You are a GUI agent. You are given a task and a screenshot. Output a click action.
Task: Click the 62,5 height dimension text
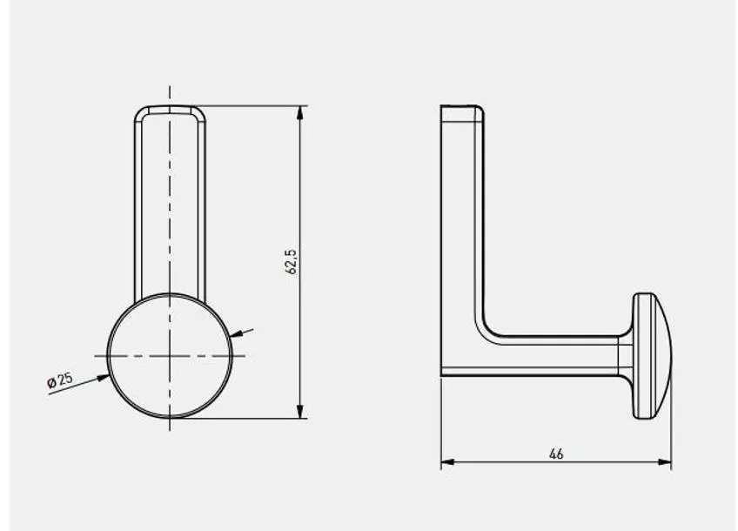click(x=292, y=262)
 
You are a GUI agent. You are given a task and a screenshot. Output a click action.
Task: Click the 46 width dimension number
click(x=556, y=454)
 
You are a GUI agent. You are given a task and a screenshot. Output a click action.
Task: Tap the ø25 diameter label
click(x=60, y=380)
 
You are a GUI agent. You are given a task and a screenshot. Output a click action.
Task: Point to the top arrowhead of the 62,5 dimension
click(x=300, y=112)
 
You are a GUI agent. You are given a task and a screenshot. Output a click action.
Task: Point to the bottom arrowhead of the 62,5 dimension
click(x=300, y=412)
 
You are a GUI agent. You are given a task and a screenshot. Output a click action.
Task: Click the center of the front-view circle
click(x=170, y=355)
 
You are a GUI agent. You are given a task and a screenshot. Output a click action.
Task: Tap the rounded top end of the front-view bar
click(x=170, y=109)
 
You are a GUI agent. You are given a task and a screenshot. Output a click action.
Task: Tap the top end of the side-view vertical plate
click(x=461, y=108)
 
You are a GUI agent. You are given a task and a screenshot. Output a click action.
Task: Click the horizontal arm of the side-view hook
click(x=548, y=355)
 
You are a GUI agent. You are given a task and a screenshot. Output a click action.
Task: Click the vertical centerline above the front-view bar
click(x=170, y=94)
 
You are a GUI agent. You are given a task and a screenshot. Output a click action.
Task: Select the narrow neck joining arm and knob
click(x=626, y=355)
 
